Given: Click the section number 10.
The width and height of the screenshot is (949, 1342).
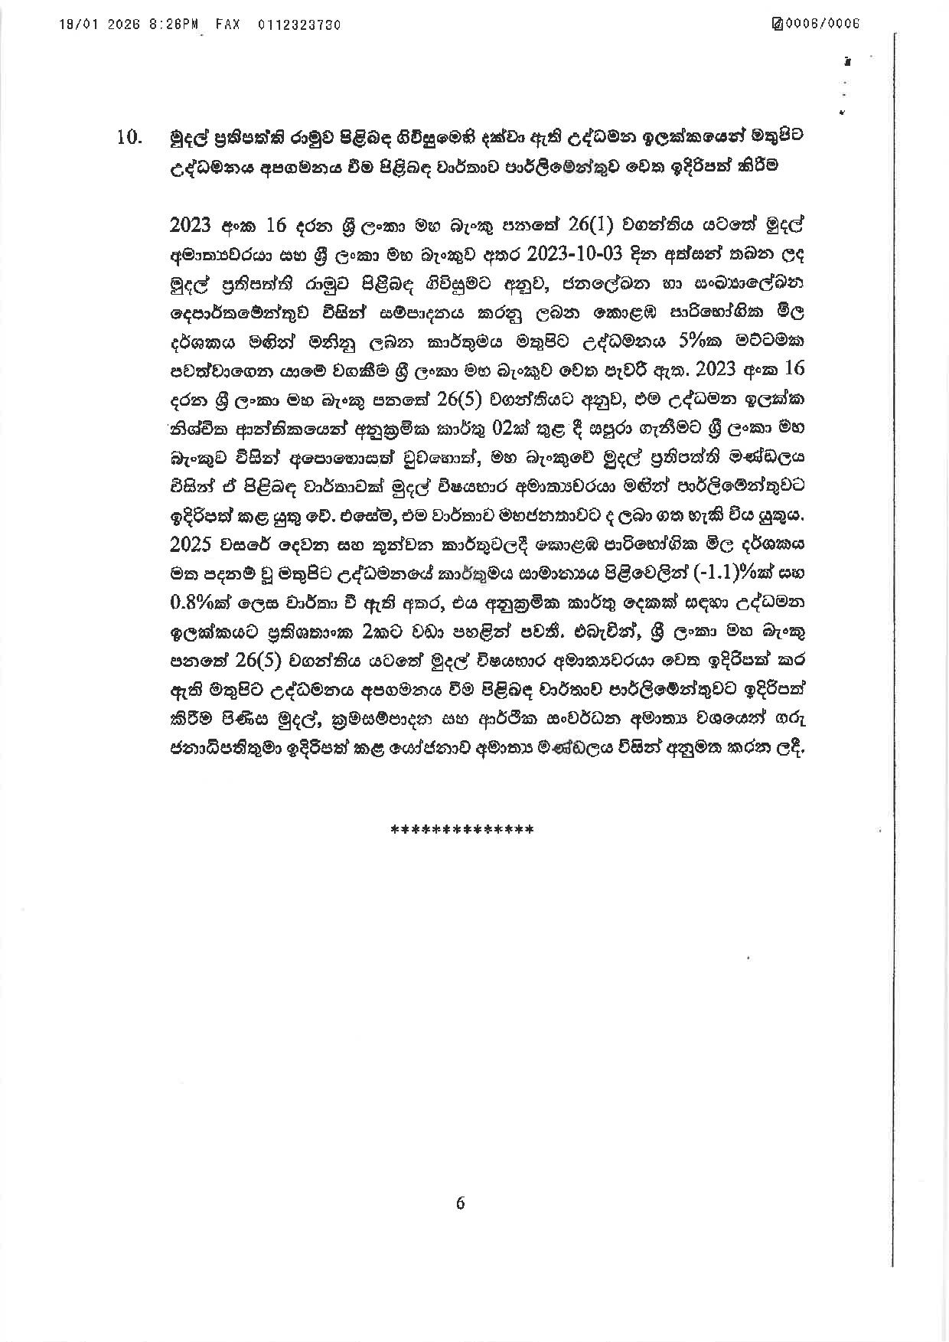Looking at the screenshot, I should coord(129,139).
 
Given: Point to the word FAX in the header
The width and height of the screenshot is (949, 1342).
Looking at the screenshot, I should coord(227,24).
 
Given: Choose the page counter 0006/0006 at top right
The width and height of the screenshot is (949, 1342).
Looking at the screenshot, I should coord(824,24).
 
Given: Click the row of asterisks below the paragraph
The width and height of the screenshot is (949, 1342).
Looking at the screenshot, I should coord(461,829).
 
